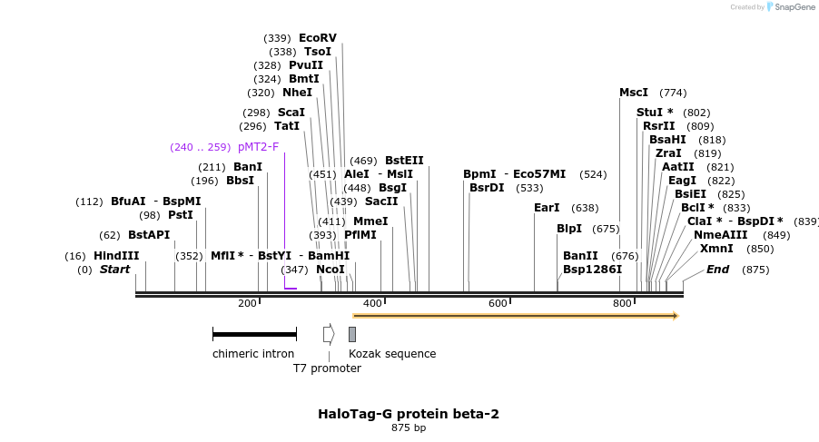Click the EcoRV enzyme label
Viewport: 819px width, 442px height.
point(317,38)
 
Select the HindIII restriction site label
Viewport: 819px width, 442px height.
point(116,256)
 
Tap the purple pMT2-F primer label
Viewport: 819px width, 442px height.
point(259,147)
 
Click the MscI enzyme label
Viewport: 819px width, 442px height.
point(634,93)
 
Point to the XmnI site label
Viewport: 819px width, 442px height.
point(716,249)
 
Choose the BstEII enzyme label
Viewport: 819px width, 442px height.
point(404,161)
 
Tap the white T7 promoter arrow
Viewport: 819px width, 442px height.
point(328,334)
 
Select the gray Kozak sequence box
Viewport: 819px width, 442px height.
point(352,334)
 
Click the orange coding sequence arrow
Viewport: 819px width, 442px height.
point(515,316)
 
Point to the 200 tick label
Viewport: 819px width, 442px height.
point(247,303)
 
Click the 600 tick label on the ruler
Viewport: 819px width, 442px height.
point(498,303)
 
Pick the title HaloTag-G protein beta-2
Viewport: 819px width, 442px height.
point(409,414)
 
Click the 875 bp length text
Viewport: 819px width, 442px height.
point(409,427)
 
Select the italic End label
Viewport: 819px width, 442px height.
point(717,270)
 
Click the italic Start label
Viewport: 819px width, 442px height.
point(114,270)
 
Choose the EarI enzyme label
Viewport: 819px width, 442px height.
point(547,208)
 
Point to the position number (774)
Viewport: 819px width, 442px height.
point(673,93)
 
